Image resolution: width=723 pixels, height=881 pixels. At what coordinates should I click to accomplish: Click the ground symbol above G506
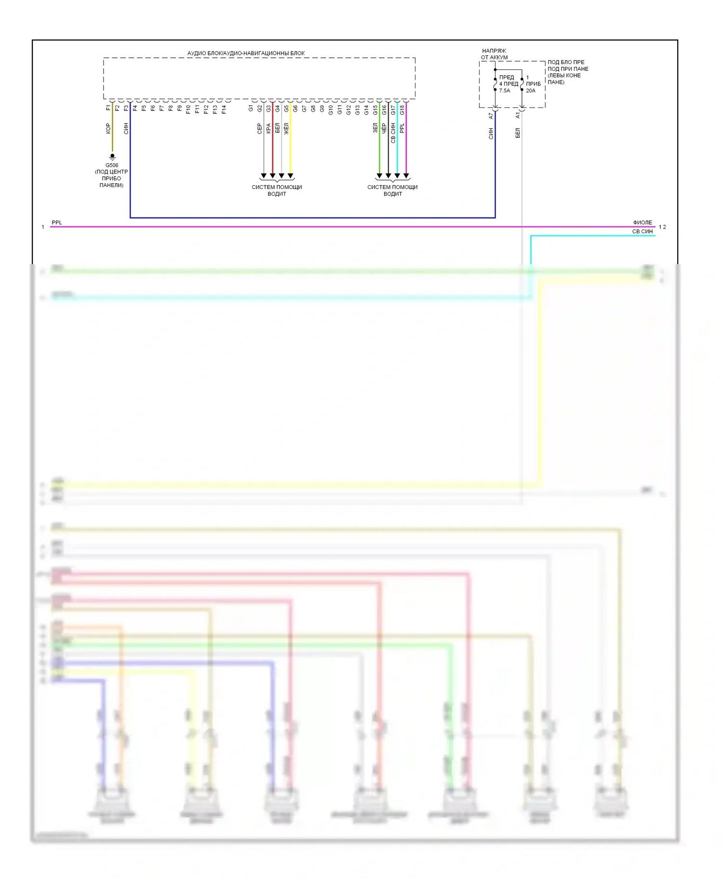112,157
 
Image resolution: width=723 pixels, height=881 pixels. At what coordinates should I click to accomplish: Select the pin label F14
224,109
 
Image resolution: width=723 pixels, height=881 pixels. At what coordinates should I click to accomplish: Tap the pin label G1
251,108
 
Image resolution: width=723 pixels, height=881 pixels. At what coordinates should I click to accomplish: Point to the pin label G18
402,110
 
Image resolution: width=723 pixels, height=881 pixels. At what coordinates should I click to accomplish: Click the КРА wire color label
268,128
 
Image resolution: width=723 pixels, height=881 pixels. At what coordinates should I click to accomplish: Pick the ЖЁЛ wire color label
286,128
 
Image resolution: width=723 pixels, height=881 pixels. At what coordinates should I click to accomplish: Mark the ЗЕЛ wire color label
375,128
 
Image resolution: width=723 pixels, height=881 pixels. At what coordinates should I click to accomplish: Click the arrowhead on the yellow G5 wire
290,176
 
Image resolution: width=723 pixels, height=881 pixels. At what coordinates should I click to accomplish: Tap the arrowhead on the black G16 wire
388,176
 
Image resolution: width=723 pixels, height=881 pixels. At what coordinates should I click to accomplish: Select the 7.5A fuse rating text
505,91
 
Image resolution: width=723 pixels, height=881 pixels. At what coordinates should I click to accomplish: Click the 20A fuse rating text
531,91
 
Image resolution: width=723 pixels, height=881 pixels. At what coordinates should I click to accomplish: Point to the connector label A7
491,116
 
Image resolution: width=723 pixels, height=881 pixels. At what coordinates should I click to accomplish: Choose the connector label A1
518,116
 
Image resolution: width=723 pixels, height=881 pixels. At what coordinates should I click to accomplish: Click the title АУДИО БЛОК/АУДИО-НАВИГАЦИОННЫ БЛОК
246,53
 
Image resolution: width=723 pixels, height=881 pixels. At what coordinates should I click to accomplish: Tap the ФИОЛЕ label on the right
643,223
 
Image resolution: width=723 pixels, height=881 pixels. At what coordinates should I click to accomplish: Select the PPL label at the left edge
57,223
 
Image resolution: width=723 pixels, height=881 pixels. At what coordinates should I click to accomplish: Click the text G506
112,165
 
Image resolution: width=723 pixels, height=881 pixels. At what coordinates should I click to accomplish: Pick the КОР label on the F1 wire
108,128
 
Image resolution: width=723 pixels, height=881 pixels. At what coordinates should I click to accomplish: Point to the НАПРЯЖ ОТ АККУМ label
494,54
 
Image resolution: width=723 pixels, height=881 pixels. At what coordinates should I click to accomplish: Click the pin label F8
171,108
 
